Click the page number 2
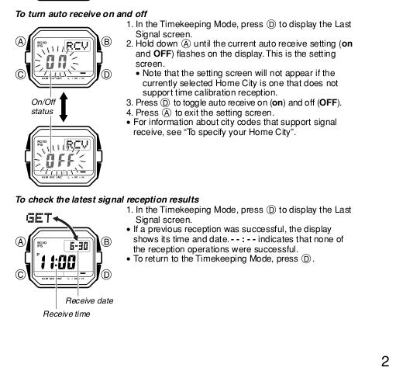click(x=385, y=361)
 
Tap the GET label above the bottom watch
click(x=40, y=218)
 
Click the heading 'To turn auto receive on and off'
click(x=81, y=14)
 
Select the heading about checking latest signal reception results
click(x=107, y=199)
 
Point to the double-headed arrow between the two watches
click(x=64, y=107)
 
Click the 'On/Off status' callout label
click(x=43, y=106)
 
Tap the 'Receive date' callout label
click(x=89, y=300)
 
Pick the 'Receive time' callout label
click(x=67, y=314)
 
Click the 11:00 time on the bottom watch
click(x=58, y=262)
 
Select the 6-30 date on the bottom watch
click(x=79, y=246)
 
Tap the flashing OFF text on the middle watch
click(x=60, y=161)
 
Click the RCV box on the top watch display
click(x=77, y=46)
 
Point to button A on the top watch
click(x=20, y=42)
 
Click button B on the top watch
click(x=106, y=42)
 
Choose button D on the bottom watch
click(x=106, y=275)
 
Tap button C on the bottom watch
click(x=20, y=275)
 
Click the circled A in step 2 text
click(x=186, y=43)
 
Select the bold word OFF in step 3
click(x=329, y=102)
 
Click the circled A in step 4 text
click(x=167, y=113)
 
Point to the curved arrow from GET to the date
click(x=68, y=224)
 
